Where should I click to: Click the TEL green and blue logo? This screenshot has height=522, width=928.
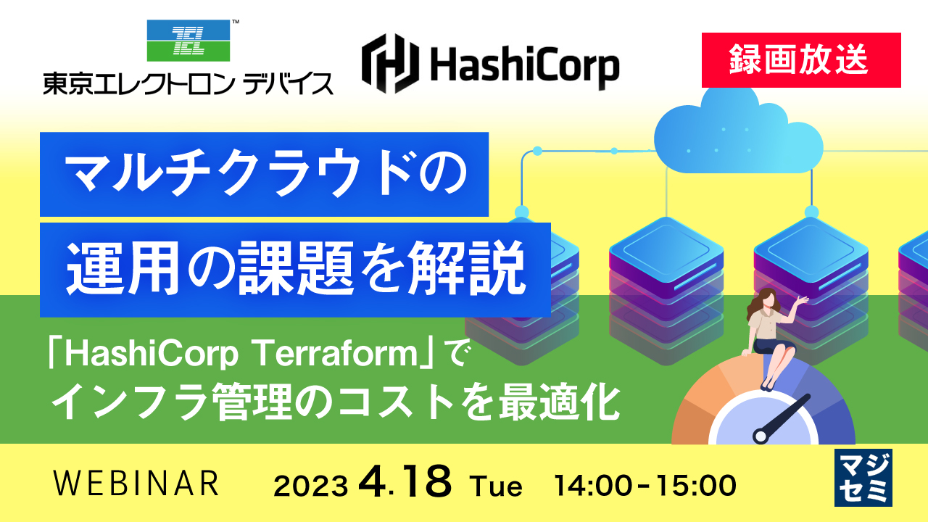[x=188, y=41]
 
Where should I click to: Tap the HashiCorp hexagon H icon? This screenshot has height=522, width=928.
[x=389, y=65]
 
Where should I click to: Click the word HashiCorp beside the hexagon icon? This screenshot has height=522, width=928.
[x=523, y=66]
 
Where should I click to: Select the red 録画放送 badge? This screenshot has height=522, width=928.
[x=801, y=60]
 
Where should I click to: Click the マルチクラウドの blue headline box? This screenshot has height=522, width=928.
[x=264, y=174]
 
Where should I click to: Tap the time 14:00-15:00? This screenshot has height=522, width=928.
[x=645, y=484]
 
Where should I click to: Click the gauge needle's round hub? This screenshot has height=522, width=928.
[x=760, y=436]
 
